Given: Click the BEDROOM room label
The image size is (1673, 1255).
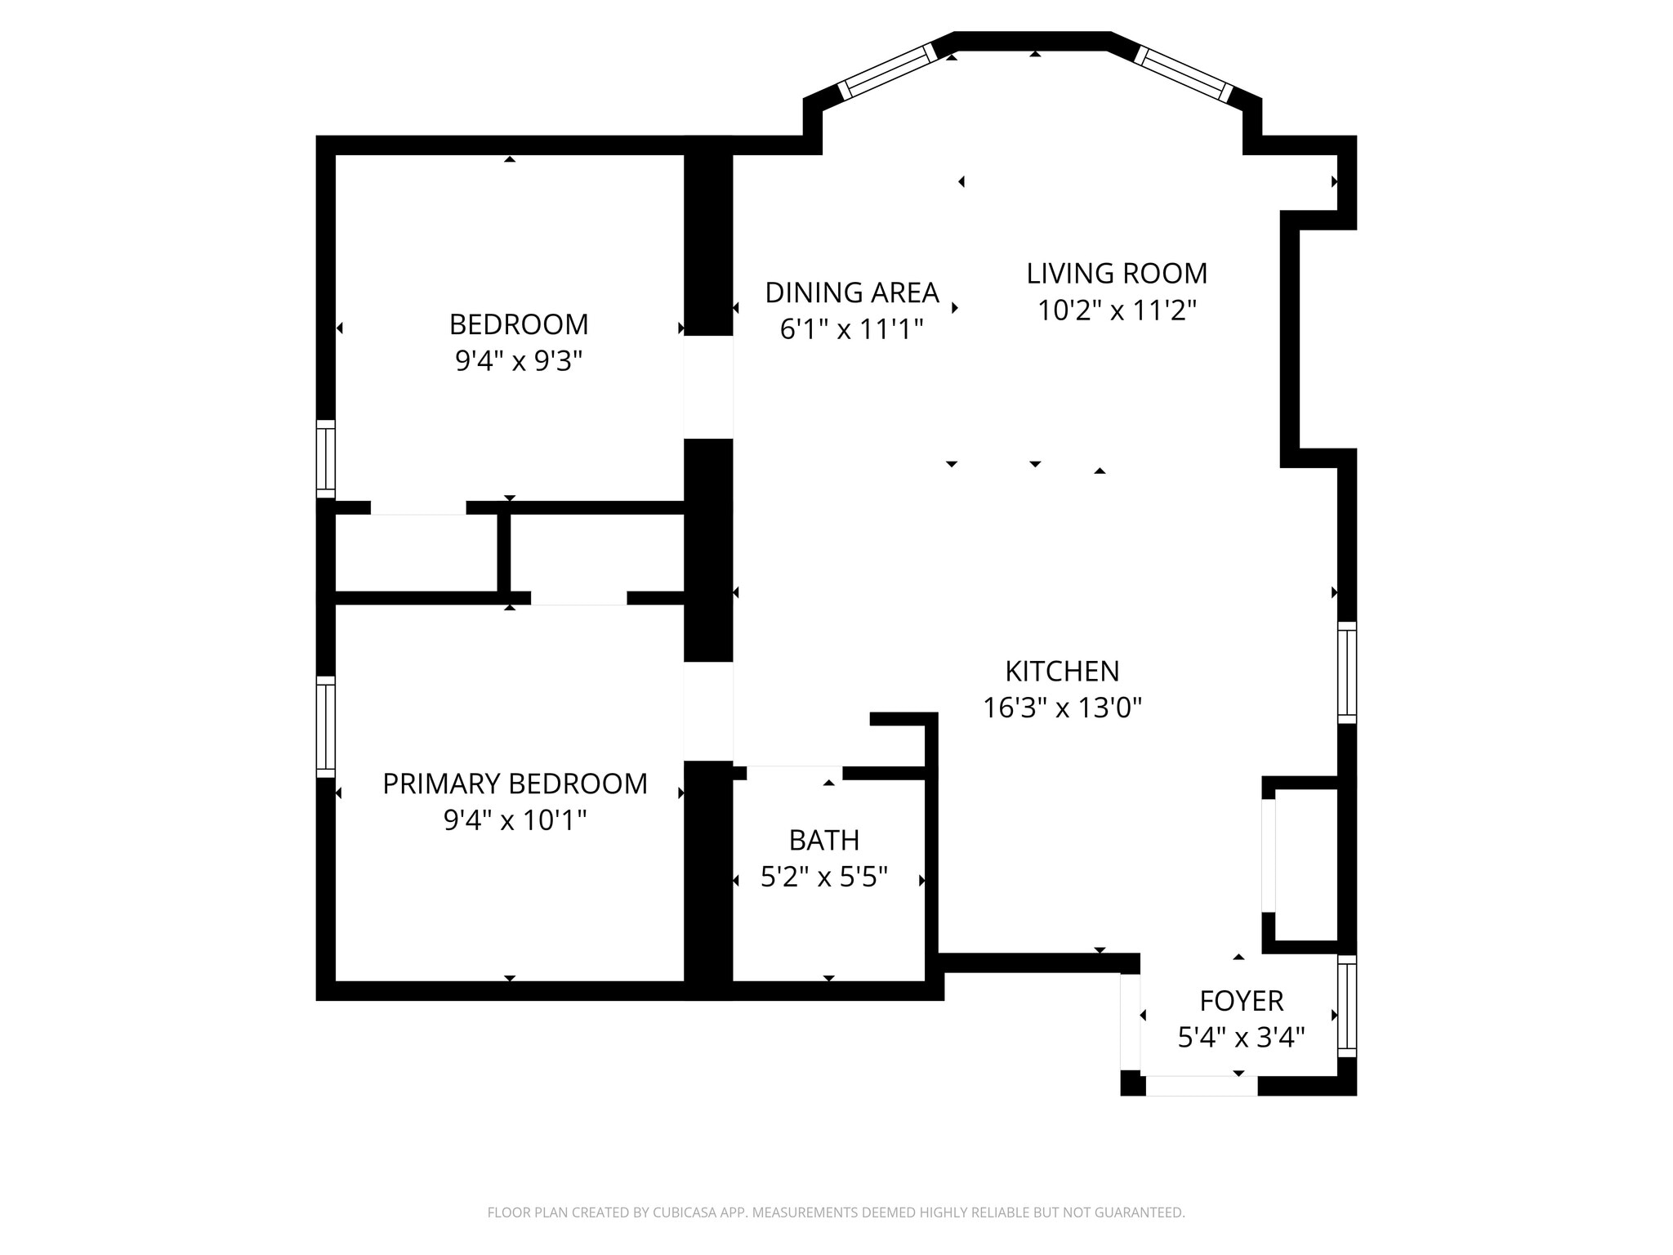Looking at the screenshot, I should click(519, 324).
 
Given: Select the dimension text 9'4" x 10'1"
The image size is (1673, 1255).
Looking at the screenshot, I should click(515, 820).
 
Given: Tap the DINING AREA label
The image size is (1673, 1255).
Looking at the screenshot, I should click(851, 292).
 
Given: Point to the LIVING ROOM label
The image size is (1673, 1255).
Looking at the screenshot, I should click(1117, 273).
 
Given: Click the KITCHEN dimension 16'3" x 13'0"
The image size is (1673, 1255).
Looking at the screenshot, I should click(1061, 708).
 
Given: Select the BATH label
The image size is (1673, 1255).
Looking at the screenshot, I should click(823, 840).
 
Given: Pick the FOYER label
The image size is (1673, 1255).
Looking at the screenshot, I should click(1241, 1001).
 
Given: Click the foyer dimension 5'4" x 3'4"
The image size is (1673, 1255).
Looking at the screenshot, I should click(1241, 1038).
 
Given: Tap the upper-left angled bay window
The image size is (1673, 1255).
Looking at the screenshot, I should click(887, 71).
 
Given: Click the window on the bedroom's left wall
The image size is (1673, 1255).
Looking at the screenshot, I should click(326, 458).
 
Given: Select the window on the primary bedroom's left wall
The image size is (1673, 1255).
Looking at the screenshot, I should click(326, 726).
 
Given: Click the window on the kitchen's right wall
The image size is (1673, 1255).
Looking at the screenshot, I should click(1347, 672).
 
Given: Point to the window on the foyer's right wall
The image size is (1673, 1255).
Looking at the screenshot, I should click(1347, 1006).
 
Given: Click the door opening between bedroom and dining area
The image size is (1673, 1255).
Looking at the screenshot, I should click(708, 386).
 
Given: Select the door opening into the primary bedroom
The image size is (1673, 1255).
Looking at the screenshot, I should click(708, 711).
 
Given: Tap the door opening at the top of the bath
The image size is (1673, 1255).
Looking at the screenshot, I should click(794, 772).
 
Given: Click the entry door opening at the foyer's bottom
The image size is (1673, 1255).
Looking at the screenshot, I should click(1201, 1086).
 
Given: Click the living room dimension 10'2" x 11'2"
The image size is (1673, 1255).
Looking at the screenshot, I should click(1117, 310).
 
